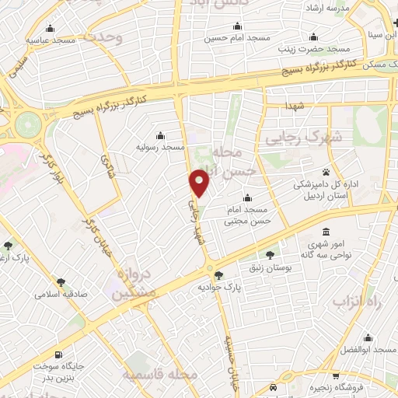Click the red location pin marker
200,183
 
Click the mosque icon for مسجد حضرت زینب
313,37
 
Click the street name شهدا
300,104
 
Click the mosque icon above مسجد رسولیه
160,134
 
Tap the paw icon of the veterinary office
325,172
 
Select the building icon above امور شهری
325,232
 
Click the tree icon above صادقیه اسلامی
61,283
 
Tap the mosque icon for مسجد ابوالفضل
367,337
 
